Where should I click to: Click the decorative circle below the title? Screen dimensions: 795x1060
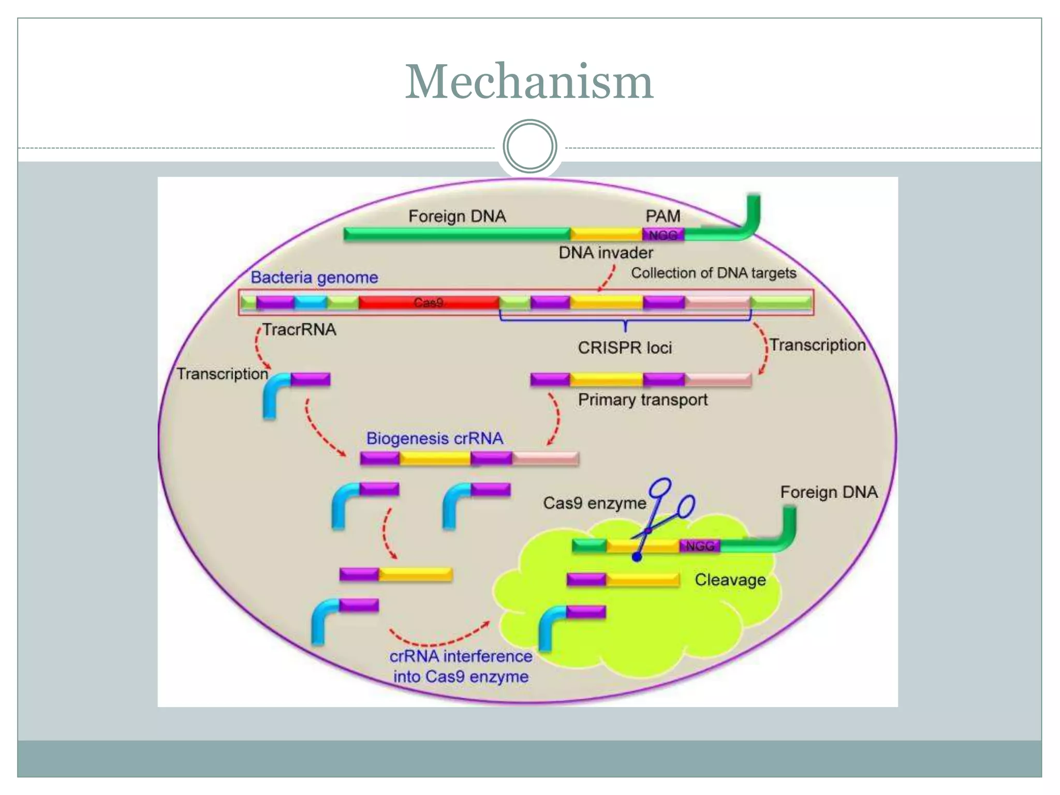(x=529, y=146)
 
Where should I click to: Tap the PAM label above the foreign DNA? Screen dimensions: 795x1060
(x=662, y=216)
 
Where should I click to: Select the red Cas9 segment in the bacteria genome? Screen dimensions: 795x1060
(x=428, y=302)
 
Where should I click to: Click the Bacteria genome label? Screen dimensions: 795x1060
(x=314, y=277)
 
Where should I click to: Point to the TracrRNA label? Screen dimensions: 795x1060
(x=299, y=329)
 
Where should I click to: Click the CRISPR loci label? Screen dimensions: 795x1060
(x=625, y=347)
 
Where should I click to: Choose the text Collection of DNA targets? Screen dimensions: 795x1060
(x=713, y=273)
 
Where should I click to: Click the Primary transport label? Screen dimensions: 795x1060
(x=642, y=400)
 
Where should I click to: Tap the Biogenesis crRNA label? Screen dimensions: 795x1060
(x=434, y=438)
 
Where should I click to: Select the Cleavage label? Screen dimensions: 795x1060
(x=730, y=580)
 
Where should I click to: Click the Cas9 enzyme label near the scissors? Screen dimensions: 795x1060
(x=594, y=503)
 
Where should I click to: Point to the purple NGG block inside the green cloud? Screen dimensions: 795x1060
(x=700, y=546)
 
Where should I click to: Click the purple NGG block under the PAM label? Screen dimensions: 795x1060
(x=663, y=235)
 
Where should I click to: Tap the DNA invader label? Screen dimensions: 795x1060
(x=606, y=253)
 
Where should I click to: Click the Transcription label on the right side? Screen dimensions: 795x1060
(x=817, y=345)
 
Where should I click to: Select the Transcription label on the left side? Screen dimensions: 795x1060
(x=223, y=374)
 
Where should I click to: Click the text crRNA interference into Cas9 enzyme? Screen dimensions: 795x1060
(x=461, y=666)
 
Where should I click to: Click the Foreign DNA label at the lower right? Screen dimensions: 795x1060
(x=829, y=492)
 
